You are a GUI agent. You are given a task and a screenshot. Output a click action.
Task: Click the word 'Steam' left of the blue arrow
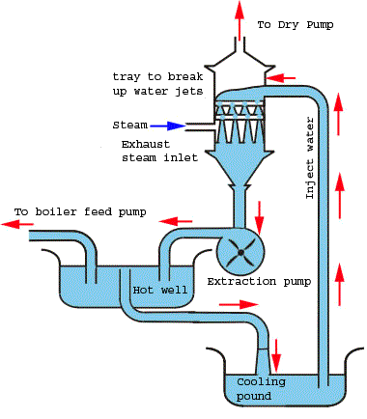pyautogui.click(x=130, y=126)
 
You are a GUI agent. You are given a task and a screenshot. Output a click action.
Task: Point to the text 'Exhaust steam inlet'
pyautogui.click(x=157, y=152)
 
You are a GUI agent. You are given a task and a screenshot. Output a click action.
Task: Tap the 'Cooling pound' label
pyautogui.click(x=262, y=388)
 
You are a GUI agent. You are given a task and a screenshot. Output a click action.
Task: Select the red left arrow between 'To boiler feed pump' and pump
pyautogui.click(x=170, y=219)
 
